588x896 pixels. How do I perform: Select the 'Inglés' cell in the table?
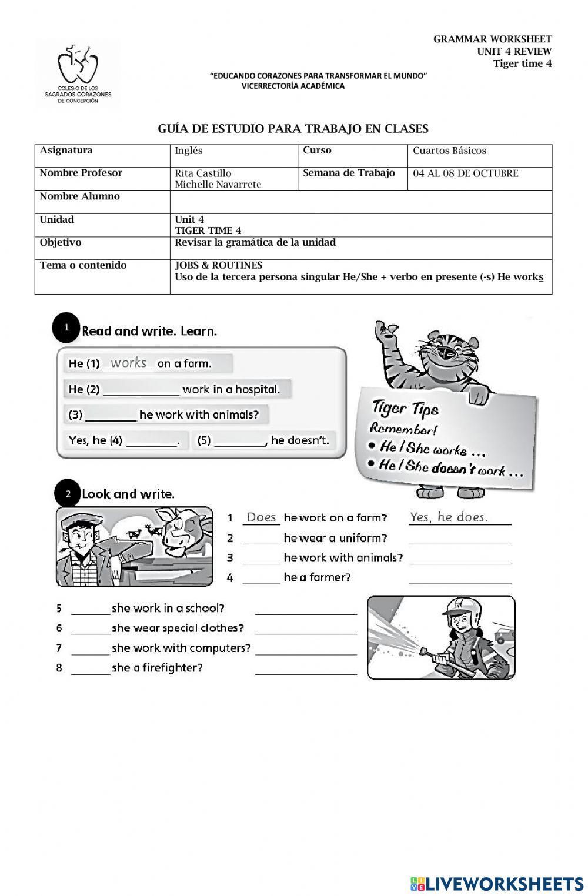tap(189, 151)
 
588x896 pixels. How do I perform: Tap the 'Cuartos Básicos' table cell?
tap(449, 151)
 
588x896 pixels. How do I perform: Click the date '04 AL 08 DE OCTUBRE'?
tap(465, 174)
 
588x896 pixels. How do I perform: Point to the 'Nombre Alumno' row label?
tap(79, 196)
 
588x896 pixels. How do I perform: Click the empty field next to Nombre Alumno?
tap(360, 202)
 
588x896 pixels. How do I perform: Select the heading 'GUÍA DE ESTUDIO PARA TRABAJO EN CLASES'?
tap(293, 129)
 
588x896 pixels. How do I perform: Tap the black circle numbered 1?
tap(66, 328)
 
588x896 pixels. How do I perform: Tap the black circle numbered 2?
tap(68, 494)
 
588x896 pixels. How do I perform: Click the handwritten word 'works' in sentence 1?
tap(128, 363)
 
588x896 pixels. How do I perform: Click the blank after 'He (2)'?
tap(141, 390)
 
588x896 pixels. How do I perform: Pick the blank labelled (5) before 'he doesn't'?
tap(240, 441)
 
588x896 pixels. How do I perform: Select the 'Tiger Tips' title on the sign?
tap(405, 408)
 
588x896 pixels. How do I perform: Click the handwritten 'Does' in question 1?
tap(261, 518)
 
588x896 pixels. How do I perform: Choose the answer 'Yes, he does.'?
tap(449, 517)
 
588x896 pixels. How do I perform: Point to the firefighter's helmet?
tap(463, 609)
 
